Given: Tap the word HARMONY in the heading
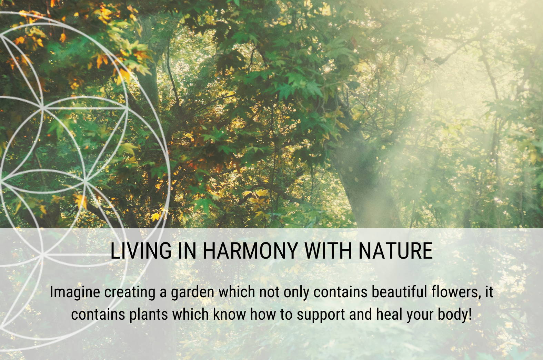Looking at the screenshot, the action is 250,251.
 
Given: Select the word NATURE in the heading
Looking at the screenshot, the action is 396,251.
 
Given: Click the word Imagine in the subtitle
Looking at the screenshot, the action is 75,292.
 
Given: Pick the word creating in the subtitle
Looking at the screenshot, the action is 130,292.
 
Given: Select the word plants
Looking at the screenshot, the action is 148,315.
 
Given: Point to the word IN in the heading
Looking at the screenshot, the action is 187,251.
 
